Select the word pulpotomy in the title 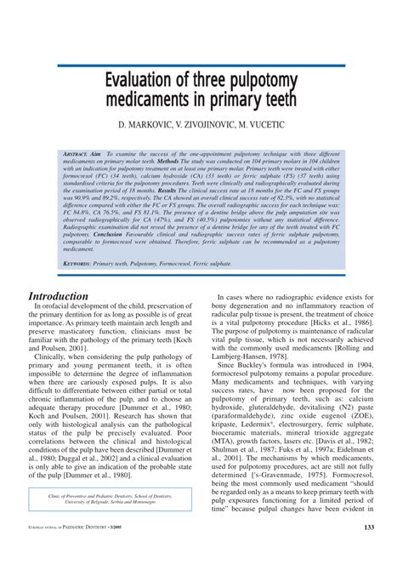click(x=259, y=83)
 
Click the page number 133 click(x=368, y=551)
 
